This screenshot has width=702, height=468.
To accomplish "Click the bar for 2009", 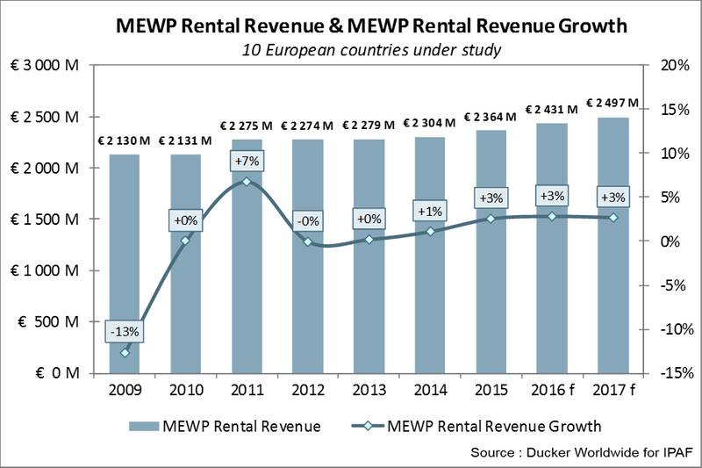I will point(125,263).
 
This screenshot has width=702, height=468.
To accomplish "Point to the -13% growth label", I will point(125,332).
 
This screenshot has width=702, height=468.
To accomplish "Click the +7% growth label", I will point(247,161).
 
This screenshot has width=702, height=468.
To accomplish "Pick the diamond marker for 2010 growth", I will point(186,240).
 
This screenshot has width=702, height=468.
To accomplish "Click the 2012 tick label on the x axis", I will point(307,389).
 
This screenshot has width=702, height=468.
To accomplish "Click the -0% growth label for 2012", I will point(307,222).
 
